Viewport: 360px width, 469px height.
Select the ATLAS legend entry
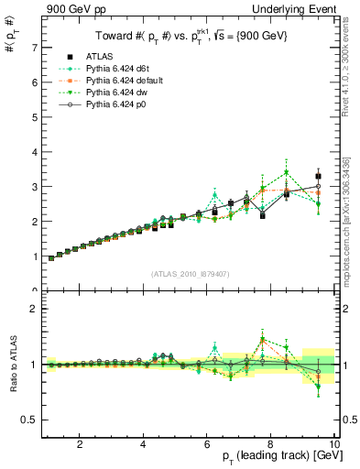(104, 58)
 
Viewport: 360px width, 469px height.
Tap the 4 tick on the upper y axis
(33, 151)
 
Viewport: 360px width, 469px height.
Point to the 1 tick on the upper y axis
(33, 256)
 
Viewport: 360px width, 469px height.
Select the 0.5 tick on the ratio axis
(29, 420)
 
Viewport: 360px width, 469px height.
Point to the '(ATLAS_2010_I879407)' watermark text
(190, 274)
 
